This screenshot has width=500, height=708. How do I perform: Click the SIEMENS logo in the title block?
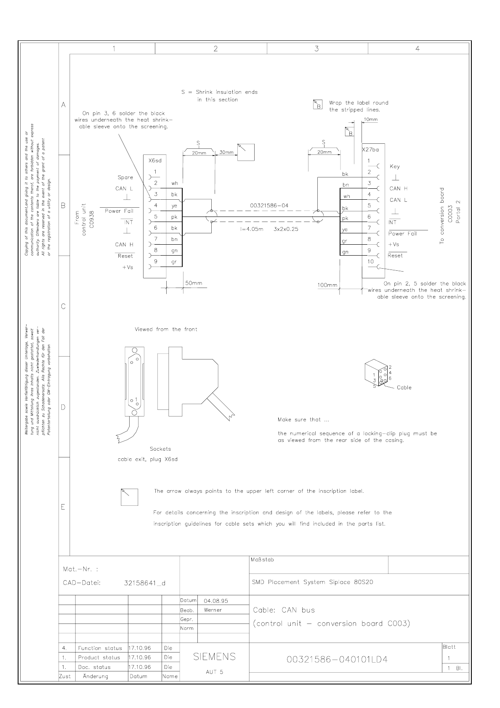214,657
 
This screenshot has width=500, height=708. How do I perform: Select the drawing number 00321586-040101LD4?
337,660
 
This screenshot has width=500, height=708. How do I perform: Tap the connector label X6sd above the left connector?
155,160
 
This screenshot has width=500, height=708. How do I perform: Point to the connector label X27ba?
370,149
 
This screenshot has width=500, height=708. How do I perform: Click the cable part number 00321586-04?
269,206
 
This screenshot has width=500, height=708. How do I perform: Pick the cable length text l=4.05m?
252,230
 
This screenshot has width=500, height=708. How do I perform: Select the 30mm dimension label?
226,152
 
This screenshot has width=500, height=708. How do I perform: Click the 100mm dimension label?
327,285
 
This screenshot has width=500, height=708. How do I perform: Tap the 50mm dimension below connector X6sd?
194,283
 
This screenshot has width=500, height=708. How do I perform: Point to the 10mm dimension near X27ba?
371,119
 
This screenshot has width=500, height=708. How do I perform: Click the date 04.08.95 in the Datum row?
215,601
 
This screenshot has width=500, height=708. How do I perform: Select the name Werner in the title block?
213,610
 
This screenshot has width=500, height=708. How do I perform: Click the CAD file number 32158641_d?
145,583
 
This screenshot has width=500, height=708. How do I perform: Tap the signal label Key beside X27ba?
395,166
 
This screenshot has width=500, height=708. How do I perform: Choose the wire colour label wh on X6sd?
175,183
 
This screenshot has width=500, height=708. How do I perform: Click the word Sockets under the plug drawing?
160,449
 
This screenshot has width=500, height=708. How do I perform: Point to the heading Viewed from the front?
166,329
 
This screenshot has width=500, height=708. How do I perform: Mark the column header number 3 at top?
317,49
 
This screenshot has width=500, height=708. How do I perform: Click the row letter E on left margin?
63,507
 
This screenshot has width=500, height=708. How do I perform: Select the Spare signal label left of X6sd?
125,177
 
